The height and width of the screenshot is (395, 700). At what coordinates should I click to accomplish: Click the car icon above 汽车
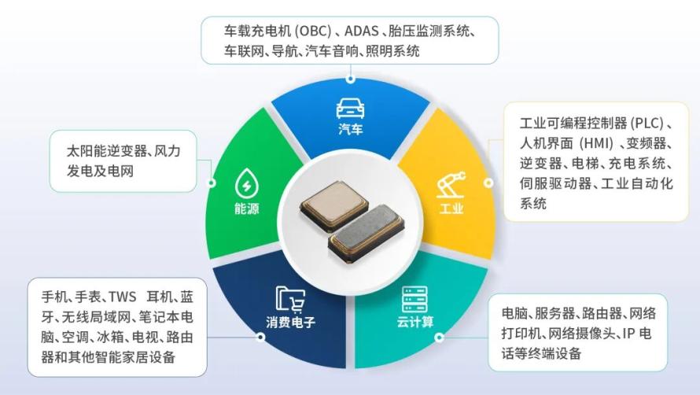pyautogui.click(x=351, y=109)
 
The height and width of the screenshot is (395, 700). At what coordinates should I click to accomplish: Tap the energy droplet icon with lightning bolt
pyautogui.click(x=246, y=183)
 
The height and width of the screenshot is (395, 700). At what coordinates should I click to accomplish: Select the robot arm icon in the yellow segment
pyautogui.click(x=451, y=185)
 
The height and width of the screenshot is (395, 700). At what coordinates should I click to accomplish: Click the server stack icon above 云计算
pyautogui.click(x=414, y=299)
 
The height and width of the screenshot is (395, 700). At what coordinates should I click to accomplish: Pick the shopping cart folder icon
pyautogui.click(x=290, y=298)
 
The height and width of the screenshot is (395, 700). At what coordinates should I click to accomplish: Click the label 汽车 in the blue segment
pyautogui.click(x=351, y=130)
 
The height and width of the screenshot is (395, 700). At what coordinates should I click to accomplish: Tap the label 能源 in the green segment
pyautogui.click(x=246, y=209)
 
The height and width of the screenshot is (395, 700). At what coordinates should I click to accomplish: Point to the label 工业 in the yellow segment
pyautogui.click(x=451, y=209)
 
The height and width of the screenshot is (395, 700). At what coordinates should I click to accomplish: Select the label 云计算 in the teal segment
pyautogui.click(x=414, y=322)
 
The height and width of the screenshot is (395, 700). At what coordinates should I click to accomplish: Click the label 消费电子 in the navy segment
pyautogui.click(x=291, y=322)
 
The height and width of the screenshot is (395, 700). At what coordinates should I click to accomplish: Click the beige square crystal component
pyautogui.click(x=334, y=206)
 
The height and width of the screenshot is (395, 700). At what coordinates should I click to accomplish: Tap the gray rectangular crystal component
pyautogui.click(x=367, y=232)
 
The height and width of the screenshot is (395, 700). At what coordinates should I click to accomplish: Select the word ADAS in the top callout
pyautogui.click(x=362, y=31)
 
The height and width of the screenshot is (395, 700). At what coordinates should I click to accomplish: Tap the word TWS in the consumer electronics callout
pyautogui.click(x=122, y=297)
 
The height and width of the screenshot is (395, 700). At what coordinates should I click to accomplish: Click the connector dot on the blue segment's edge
pyautogui.click(x=351, y=79)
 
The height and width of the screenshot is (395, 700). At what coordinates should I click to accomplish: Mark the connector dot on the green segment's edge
pyautogui.click(x=212, y=183)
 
